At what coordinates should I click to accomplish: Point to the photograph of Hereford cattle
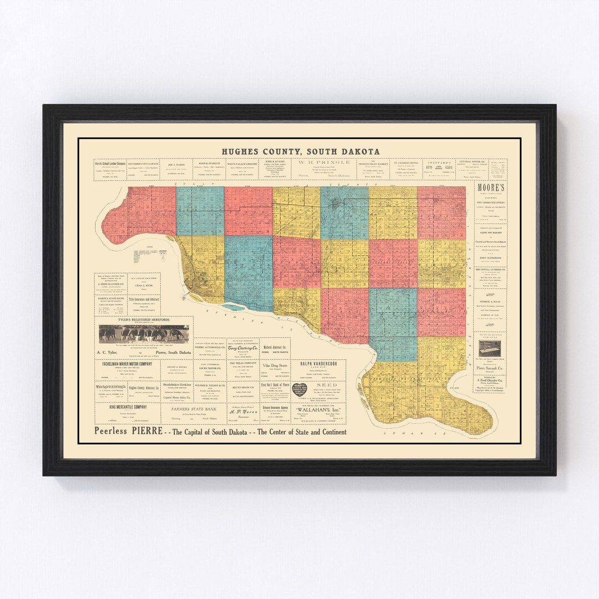point(144,334)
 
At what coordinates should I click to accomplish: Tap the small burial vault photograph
point(490,348)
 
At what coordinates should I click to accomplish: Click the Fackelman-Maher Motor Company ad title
point(127,364)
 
